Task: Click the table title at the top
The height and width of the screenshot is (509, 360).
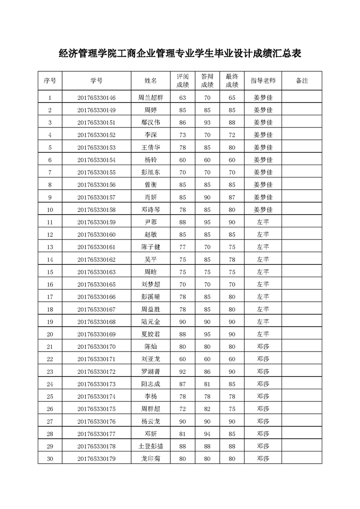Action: pyautogui.click(x=180, y=54)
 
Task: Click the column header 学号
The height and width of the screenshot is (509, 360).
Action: pyautogui.click(x=96, y=81)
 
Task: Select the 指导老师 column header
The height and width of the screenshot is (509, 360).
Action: pyautogui.click(x=263, y=81)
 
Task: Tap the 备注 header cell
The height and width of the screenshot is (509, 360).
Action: pyautogui.click(x=301, y=81)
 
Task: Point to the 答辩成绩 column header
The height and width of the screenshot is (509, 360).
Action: pyautogui.click(x=207, y=81)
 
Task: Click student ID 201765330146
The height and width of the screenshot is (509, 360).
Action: pyautogui.click(x=96, y=98)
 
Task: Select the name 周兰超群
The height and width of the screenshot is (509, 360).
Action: pyautogui.click(x=151, y=98)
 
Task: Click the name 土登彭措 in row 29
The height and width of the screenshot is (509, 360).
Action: pyautogui.click(x=151, y=446)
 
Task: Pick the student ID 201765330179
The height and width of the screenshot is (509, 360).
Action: pyautogui.click(x=96, y=459)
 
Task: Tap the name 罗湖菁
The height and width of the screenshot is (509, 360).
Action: pyautogui.click(x=151, y=372)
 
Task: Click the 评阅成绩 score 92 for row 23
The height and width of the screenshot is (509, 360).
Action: pyautogui.click(x=183, y=372)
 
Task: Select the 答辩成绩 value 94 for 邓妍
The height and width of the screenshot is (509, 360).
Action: pyautogui.click(x=207, y=434)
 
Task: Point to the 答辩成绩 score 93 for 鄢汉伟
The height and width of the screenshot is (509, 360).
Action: pyautogui.click(x=207, y=122)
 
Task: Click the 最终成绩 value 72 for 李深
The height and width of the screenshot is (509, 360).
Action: pyautogui.click(x=232, y=135)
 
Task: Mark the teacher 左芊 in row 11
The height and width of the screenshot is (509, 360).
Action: pyautogui.click(x=263, y=222)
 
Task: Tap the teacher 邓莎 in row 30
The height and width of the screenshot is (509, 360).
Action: pyautogui.click(x=263, y=459)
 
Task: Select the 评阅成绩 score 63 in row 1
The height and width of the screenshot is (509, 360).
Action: pyautogui.click(x=183, y=98)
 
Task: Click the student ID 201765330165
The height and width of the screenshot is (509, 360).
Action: pyautogui.click(x=96, y=284)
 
